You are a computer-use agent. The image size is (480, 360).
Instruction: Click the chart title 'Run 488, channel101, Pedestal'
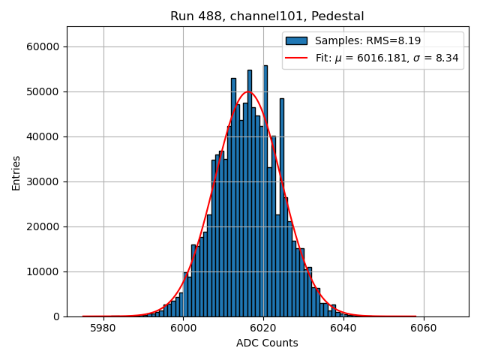(x=267, y=16)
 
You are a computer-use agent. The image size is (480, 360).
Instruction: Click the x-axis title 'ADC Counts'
(x=267, y=343)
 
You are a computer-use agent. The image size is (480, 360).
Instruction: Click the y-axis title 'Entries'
(x=16, y=172)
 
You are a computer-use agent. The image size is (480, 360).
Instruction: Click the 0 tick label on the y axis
(x=57, y=316)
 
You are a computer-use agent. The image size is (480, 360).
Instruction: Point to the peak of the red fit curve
(x=248, y=91)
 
